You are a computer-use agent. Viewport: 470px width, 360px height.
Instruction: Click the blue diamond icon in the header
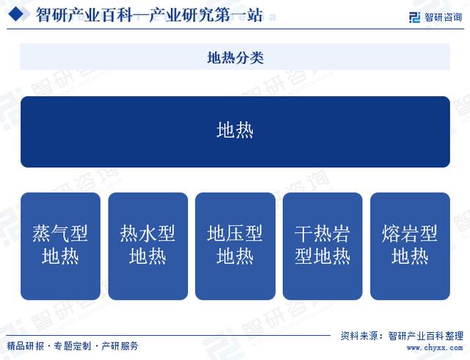(15, 14)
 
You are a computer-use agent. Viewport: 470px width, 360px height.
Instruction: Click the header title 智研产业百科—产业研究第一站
(149, 15)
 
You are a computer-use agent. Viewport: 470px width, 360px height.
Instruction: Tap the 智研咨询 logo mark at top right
(414, 17)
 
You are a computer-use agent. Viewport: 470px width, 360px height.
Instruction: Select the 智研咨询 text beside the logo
(443, 17)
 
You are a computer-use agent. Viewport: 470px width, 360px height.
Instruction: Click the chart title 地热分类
(235, 57)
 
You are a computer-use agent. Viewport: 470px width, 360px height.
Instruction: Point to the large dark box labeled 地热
(235, 132)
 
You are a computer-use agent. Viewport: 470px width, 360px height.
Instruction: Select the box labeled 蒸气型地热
(60, 246)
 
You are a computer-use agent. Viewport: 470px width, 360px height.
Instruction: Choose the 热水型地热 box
(148, 246)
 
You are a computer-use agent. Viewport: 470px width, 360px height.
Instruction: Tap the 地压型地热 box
(235, 246)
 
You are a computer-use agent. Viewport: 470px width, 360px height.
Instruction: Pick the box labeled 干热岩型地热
(322, 246)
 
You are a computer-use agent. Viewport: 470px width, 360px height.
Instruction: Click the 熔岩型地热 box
(410, 246)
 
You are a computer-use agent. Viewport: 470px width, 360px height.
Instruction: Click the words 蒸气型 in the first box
(60, 234)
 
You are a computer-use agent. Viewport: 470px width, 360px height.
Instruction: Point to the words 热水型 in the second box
(148, 234)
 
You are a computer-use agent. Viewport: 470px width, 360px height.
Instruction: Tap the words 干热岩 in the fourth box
(322, 234)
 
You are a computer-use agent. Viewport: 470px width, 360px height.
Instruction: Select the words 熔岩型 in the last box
(410, 234)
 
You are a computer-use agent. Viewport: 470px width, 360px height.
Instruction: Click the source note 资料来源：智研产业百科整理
(402, 336)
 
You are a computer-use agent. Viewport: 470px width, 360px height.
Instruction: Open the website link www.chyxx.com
(435, 348)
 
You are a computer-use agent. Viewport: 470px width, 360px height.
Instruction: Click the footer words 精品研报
(25, 346)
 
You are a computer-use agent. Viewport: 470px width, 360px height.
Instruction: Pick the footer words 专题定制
(72, 346)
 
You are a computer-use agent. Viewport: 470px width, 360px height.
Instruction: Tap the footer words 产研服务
(120, 346)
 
